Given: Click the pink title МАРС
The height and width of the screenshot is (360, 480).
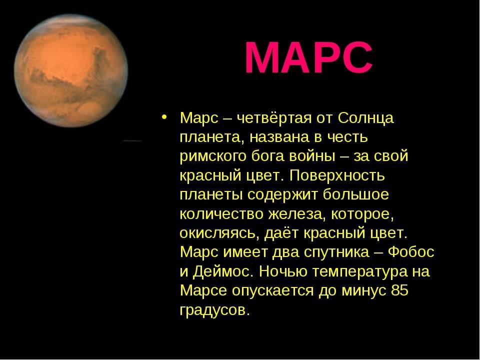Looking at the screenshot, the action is coord(308,57).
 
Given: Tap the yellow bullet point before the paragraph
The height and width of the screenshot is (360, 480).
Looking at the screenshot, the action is coord(164,117).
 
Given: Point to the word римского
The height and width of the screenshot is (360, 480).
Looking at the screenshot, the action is coord(213,156).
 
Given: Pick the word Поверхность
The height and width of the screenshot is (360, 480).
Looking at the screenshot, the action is coord(336,175).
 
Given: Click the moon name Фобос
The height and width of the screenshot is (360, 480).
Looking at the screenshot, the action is coord(411,251).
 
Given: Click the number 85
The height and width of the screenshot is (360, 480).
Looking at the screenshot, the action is coord(400,290).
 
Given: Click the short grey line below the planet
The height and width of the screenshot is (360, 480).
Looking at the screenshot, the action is coord(132,140).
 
